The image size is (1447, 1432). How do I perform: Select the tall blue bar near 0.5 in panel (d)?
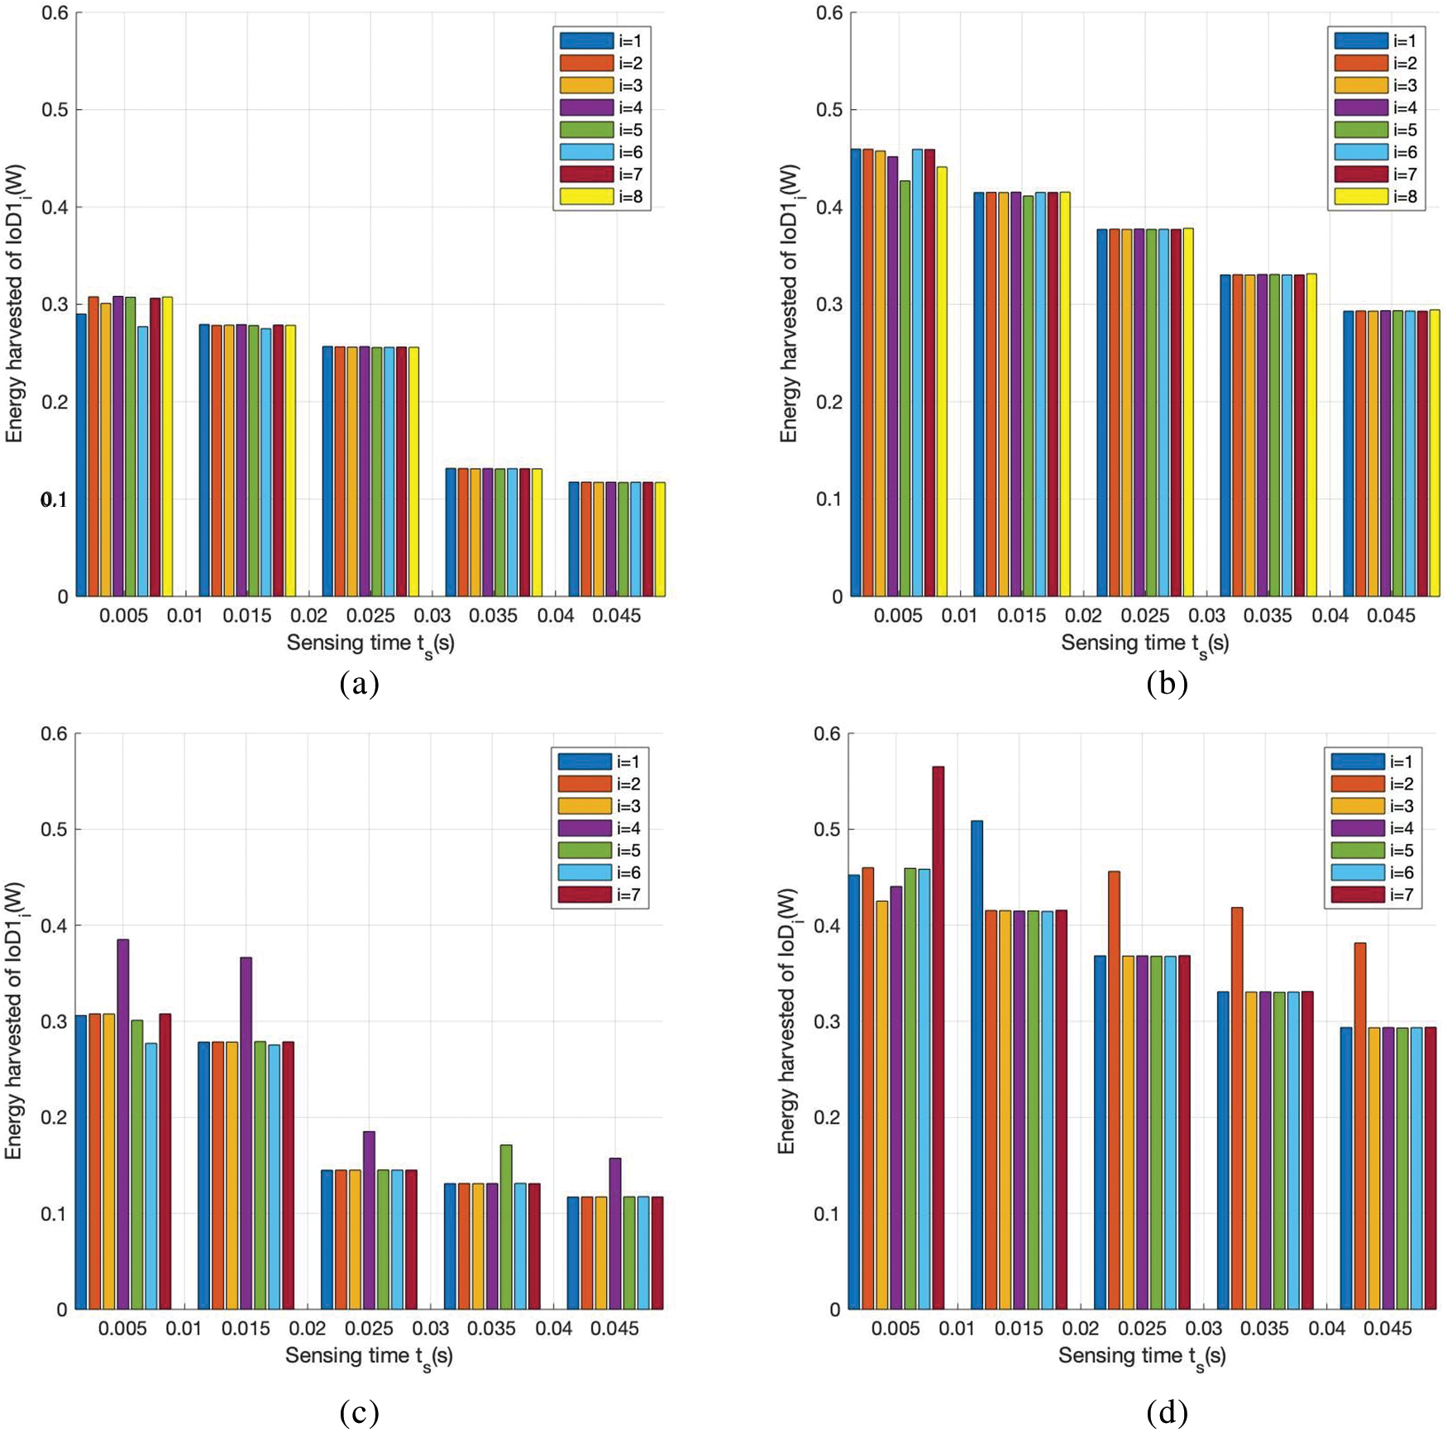pos(977,1067)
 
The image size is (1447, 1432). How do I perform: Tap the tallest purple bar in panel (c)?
pos(123,1124)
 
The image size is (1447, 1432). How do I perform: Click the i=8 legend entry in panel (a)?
pos(602,197)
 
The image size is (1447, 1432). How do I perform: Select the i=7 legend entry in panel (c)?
pos(599,895)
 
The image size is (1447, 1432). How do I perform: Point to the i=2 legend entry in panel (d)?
pos(1373,784)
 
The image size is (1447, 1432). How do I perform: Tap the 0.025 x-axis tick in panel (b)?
pos(1144,616)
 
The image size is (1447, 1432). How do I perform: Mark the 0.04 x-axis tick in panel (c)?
pos(553,1329)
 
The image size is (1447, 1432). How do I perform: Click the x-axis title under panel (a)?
pos(370,644)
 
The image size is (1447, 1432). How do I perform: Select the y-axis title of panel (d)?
pos(787,1022)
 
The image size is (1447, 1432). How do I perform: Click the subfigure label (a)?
pos(359,684)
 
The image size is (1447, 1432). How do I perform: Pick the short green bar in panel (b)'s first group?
pos(905,389)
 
